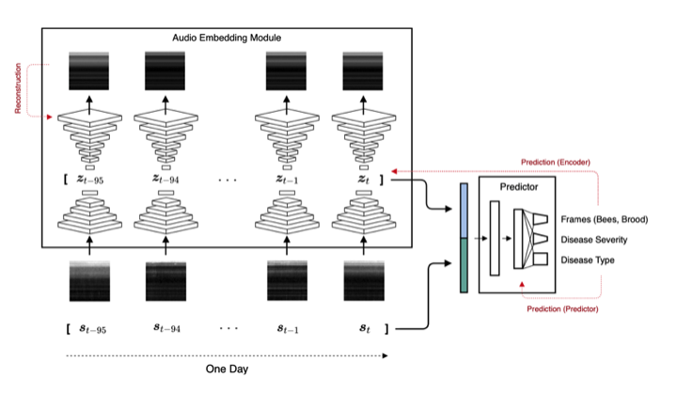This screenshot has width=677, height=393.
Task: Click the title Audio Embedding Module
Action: [x=227, y=38]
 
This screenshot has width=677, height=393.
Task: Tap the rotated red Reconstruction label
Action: [x=18, y=88]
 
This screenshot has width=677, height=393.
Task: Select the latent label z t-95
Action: [x=90, y=180]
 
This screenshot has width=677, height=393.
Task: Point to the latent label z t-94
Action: [x=165, y=179]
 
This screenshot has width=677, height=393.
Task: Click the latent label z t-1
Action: [x=287, y=179]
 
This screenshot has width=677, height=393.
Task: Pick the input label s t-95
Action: [x=93, y=329]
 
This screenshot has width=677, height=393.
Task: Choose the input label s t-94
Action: [x=167, y=328]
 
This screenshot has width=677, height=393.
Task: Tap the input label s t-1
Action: [x=288, y=329]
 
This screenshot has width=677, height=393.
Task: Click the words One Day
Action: [x=228, y=369]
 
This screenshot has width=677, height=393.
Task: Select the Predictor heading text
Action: [x=519, y=187]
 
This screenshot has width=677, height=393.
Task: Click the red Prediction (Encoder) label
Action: [x=556, y=163]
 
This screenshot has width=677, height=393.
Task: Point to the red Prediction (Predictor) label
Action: [x=562, y=309]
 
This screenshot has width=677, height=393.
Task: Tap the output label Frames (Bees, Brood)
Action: [x=605, y=219]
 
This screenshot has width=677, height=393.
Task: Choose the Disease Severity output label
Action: [x=594, y=240]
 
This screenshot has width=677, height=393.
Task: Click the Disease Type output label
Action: [x=588, y=260]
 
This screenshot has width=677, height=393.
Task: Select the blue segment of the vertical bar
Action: [x=464, y=211]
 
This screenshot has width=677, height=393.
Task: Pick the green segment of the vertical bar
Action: [x=464, y=265]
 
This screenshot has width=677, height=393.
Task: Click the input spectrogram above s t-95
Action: [x=90, y=281]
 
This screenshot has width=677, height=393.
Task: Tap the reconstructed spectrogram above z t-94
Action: [x=165, y=71]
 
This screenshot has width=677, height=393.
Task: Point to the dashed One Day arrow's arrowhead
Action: [x=386, y=355]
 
